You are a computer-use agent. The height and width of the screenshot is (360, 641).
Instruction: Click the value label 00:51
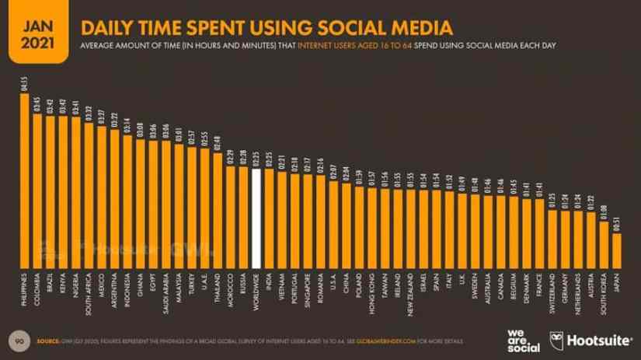pos(618,222)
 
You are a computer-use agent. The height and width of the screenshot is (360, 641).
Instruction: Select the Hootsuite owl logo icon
pos(556,340)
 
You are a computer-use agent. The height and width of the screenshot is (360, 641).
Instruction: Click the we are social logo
pos(519,339)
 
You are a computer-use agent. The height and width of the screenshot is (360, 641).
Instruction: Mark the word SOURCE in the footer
pos(49,341)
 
